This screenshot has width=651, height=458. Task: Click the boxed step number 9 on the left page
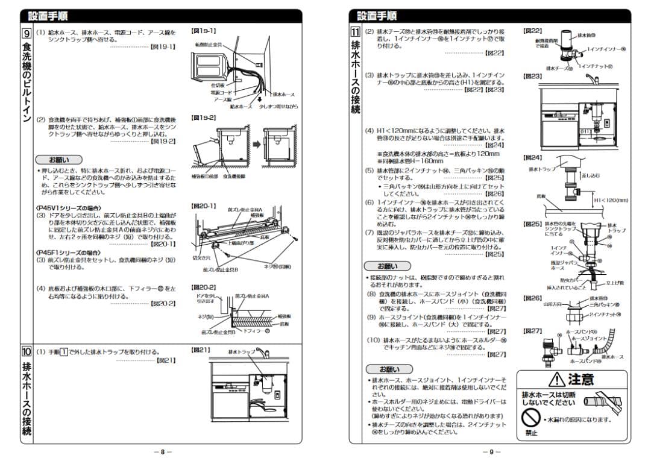pos(27,33)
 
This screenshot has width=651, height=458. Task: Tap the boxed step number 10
pos(27,351)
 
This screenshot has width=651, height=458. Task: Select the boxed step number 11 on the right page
pos(356,33)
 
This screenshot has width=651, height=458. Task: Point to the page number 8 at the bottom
pos(162,451)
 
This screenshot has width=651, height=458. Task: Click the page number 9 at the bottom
pos(491,451)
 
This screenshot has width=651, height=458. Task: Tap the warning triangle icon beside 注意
pos(556,379)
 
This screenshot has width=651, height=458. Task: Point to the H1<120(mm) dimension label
pos(611,200)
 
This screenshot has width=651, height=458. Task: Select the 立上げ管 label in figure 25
pos(614,282)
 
